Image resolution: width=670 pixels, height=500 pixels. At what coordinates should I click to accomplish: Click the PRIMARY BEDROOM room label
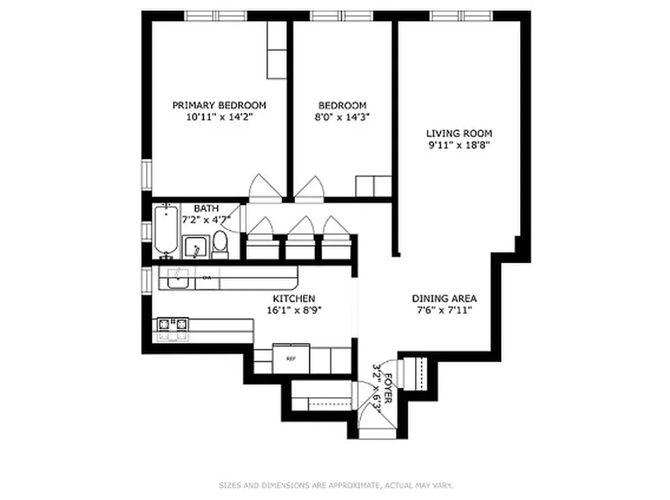(x=219, y=105)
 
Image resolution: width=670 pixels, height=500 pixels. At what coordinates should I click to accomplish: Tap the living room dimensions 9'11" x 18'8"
(x=459, y=146)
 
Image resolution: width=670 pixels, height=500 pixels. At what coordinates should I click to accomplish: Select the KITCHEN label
(x=293, y=299)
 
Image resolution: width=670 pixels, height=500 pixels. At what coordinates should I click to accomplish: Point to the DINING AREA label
(x=444, y=298)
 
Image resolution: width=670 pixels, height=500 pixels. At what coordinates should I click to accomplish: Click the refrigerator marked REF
(x=291, y=359)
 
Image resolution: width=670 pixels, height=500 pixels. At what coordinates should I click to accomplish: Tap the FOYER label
(x=388, y=388)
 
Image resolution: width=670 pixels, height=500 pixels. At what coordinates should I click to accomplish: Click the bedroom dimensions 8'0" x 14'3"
(x=342, y=117)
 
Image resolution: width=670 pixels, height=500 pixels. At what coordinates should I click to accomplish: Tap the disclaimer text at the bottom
(x=336, y=485)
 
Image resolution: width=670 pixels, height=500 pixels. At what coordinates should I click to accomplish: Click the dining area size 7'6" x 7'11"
(x=444, y=309)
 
